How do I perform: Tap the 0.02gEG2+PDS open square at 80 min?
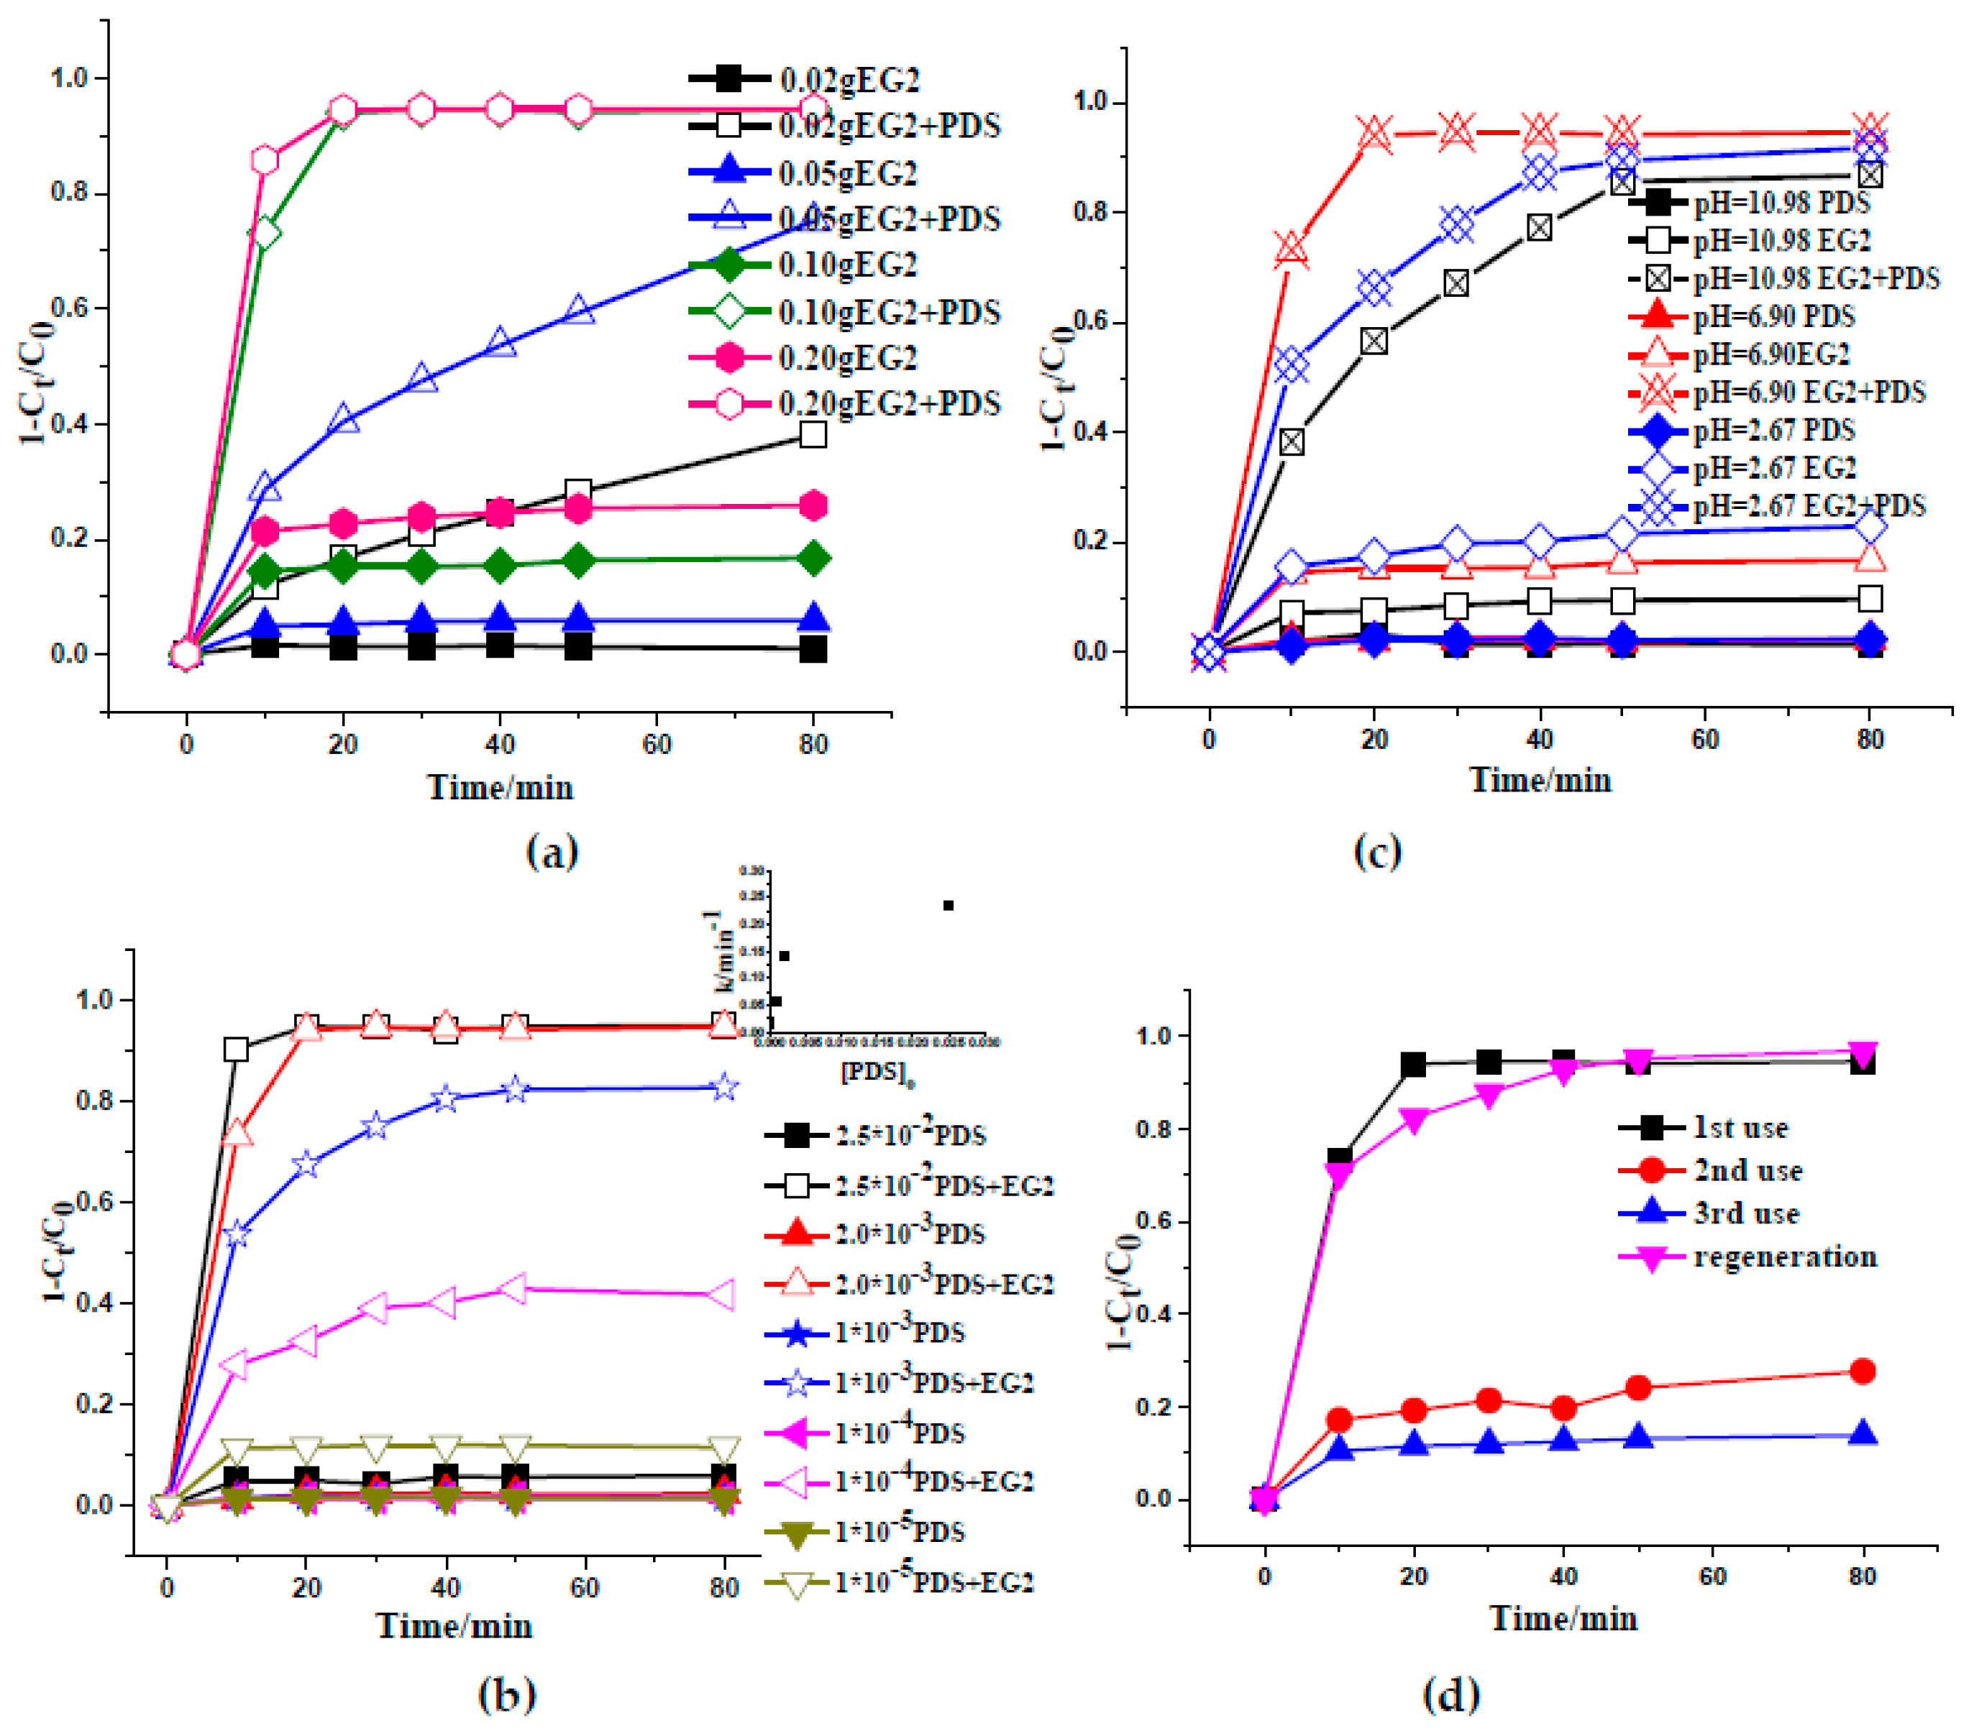coord(813,434)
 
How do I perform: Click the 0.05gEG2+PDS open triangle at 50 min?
coord(577,310)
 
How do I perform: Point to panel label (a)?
coord(552,852)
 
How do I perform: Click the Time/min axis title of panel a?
coord(501,788)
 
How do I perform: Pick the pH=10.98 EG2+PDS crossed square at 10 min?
coord(1292,442)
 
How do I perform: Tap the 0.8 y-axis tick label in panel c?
coord(1092,212)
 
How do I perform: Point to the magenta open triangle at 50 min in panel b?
coord(516,1289)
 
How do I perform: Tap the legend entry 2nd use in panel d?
coord(1748,1171)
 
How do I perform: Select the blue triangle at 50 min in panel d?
coord(1638,1438)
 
